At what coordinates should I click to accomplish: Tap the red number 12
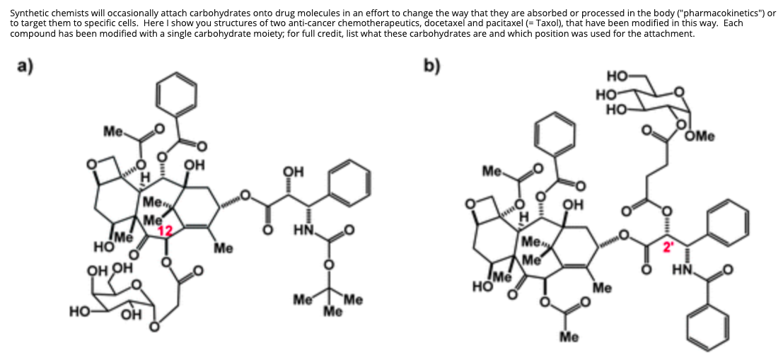(x=164, y=231)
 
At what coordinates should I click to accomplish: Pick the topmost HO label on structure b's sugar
(x=616, y=75)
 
